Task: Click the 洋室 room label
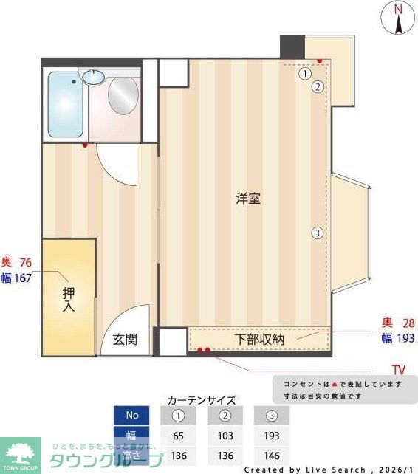click(x=247, y=199)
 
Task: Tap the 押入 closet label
click(x=67, y=298)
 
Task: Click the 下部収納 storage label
click(x=259, y=340)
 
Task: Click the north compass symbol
click(x=398, y=18)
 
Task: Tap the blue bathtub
click(x=65, y=105)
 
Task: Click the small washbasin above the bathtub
click(x=94, y=76)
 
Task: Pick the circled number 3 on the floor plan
click(x=317, y=233)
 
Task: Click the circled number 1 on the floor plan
click(x=304, y=73)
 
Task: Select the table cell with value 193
click(x=272, y=436)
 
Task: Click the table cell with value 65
click(x=178, y=436)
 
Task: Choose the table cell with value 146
click(x=272, y=455)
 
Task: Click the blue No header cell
click(x=132, y=416)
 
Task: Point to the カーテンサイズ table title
click(x=202, y=400)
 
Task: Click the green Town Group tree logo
click(x=21, y=453)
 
